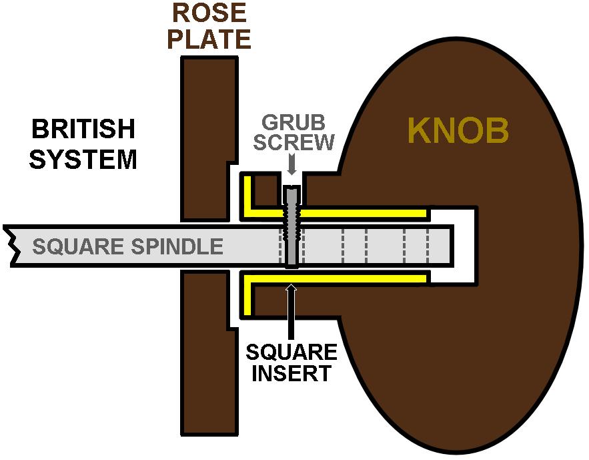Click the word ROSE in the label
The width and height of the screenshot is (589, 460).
coord(208,13)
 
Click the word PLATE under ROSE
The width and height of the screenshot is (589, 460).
coord(209,39)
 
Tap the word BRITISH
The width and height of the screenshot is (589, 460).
coord(84,128)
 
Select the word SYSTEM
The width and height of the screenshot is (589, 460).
coord(84,160)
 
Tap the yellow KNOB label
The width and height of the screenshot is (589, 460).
coord(458,131)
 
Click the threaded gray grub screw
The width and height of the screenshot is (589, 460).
coord(292,227)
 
